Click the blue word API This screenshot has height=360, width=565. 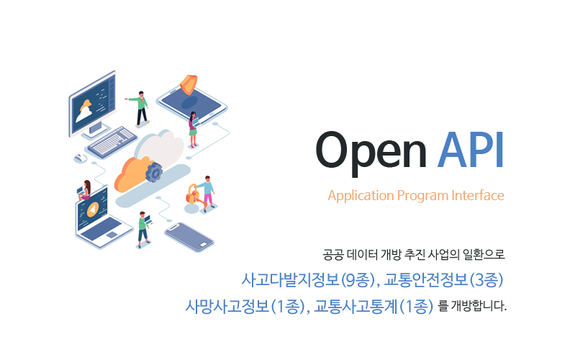point(470,150)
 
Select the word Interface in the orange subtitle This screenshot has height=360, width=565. point(478,195)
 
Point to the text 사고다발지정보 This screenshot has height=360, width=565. point(291,279)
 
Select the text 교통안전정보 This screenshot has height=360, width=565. point(425,279)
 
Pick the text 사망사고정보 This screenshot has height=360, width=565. point(227,306)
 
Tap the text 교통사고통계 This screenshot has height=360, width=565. point(356,306)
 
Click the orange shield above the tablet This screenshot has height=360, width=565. point(189,84)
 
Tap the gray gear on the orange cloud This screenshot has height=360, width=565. point(154,172)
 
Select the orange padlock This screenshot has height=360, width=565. point(192,194)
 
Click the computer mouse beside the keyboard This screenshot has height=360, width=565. point(80,158)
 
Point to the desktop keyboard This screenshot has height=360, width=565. point(112,142)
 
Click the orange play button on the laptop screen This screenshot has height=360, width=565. point(93,210)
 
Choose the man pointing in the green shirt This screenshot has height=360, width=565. point(140,109)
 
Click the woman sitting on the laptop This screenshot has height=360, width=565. point(84,190)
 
